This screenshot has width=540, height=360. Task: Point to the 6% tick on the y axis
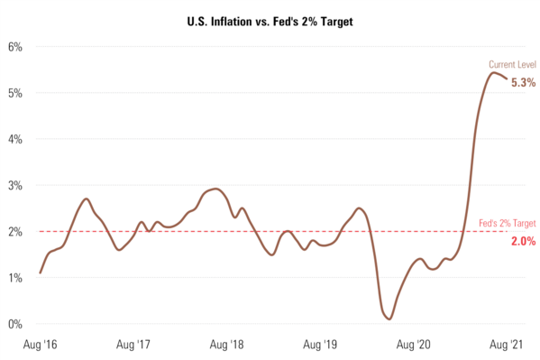coord(16,46)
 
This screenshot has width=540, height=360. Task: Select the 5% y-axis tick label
coord(16,92)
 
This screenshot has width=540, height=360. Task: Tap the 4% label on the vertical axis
coord(16,139)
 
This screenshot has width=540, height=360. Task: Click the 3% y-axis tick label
coord(16,185)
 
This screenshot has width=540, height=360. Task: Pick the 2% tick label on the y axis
coord(16,231)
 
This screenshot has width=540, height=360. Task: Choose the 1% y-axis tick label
coord(16,278)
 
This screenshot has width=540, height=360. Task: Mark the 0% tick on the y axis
coord(16,324)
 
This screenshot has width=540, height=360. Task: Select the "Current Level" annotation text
coord(512,65)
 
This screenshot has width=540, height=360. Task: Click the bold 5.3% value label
coord(524,82)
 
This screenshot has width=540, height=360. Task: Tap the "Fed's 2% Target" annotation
coord(507,222)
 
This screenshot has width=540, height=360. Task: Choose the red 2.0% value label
coord(524,241)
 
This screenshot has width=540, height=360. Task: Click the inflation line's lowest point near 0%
coord(389,318)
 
